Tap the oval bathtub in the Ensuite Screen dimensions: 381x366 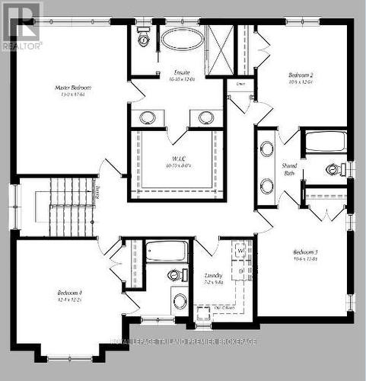click(x=182, y=39)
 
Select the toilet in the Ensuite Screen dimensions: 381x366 click(x=142, y=39)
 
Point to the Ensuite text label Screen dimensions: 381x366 click(x=182, y=75)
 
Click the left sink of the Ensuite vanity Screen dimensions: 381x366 click(x=148, y=117)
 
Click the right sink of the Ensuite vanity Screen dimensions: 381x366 click(x=206, y=117)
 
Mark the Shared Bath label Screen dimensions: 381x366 click(x=289, y=168)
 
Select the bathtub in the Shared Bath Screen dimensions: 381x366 click(x=325, y=142)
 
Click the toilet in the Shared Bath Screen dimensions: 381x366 click(x=333, y=169)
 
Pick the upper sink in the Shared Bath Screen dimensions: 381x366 click(x=267, y=149)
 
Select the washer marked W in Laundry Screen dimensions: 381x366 click(x=240, y=251)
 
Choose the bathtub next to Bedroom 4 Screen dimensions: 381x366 click(x=166, y=251)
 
